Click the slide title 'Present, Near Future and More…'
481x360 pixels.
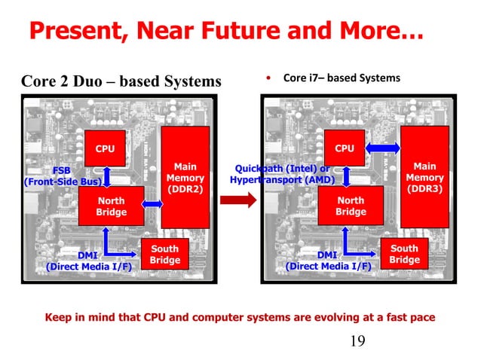point(225,32)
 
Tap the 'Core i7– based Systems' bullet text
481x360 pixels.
point(341,78)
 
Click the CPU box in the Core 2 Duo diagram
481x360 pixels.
point(105,148)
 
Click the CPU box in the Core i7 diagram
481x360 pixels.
point(345,148)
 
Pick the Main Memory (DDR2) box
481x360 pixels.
point(185,178)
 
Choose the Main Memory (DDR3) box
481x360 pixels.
point(424,177)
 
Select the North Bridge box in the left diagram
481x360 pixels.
point(111,206)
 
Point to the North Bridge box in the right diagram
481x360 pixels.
point(351,206)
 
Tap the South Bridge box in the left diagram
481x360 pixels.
point(165,255)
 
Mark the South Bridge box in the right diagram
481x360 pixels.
point(404,254)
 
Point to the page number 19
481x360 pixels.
point(357,343)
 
